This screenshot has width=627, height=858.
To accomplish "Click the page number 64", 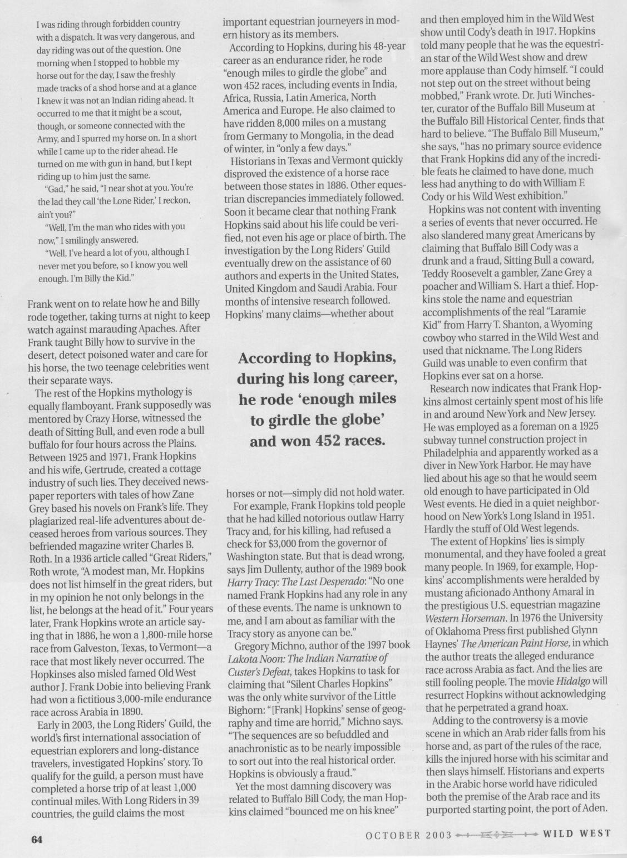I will click(x=37, y=839).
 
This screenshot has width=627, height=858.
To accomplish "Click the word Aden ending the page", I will click(x=598, y=809).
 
